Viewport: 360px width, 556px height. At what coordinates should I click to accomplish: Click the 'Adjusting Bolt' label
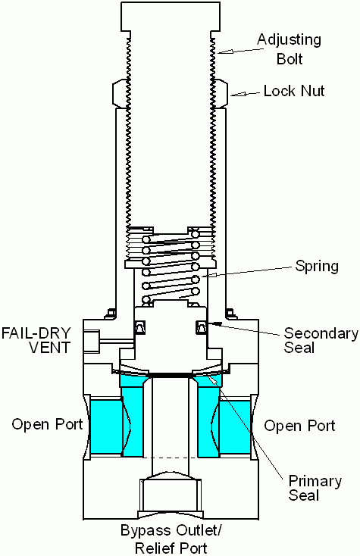coord(289,48)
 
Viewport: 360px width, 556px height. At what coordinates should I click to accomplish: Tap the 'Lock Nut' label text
coord(293,92)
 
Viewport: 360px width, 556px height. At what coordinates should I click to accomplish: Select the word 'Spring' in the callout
coord(318,267)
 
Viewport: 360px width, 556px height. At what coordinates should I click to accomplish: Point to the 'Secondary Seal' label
coord(320,341)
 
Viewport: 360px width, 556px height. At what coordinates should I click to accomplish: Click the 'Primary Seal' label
coord(315,489)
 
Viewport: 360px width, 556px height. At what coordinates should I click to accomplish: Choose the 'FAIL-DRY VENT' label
coord(36,340)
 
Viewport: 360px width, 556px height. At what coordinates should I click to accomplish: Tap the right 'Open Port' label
coord(299,426)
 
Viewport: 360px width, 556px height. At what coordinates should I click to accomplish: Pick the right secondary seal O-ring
coord(202,326)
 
